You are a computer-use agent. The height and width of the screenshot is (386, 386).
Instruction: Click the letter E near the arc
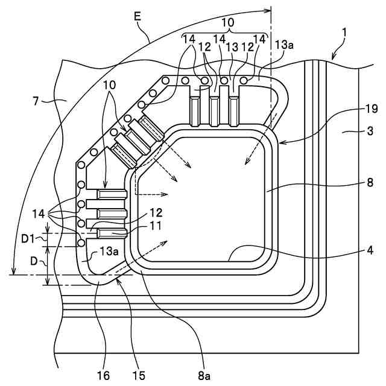138,17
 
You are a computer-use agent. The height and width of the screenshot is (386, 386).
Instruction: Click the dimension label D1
27,239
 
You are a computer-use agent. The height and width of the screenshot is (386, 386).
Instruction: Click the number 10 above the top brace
227,22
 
